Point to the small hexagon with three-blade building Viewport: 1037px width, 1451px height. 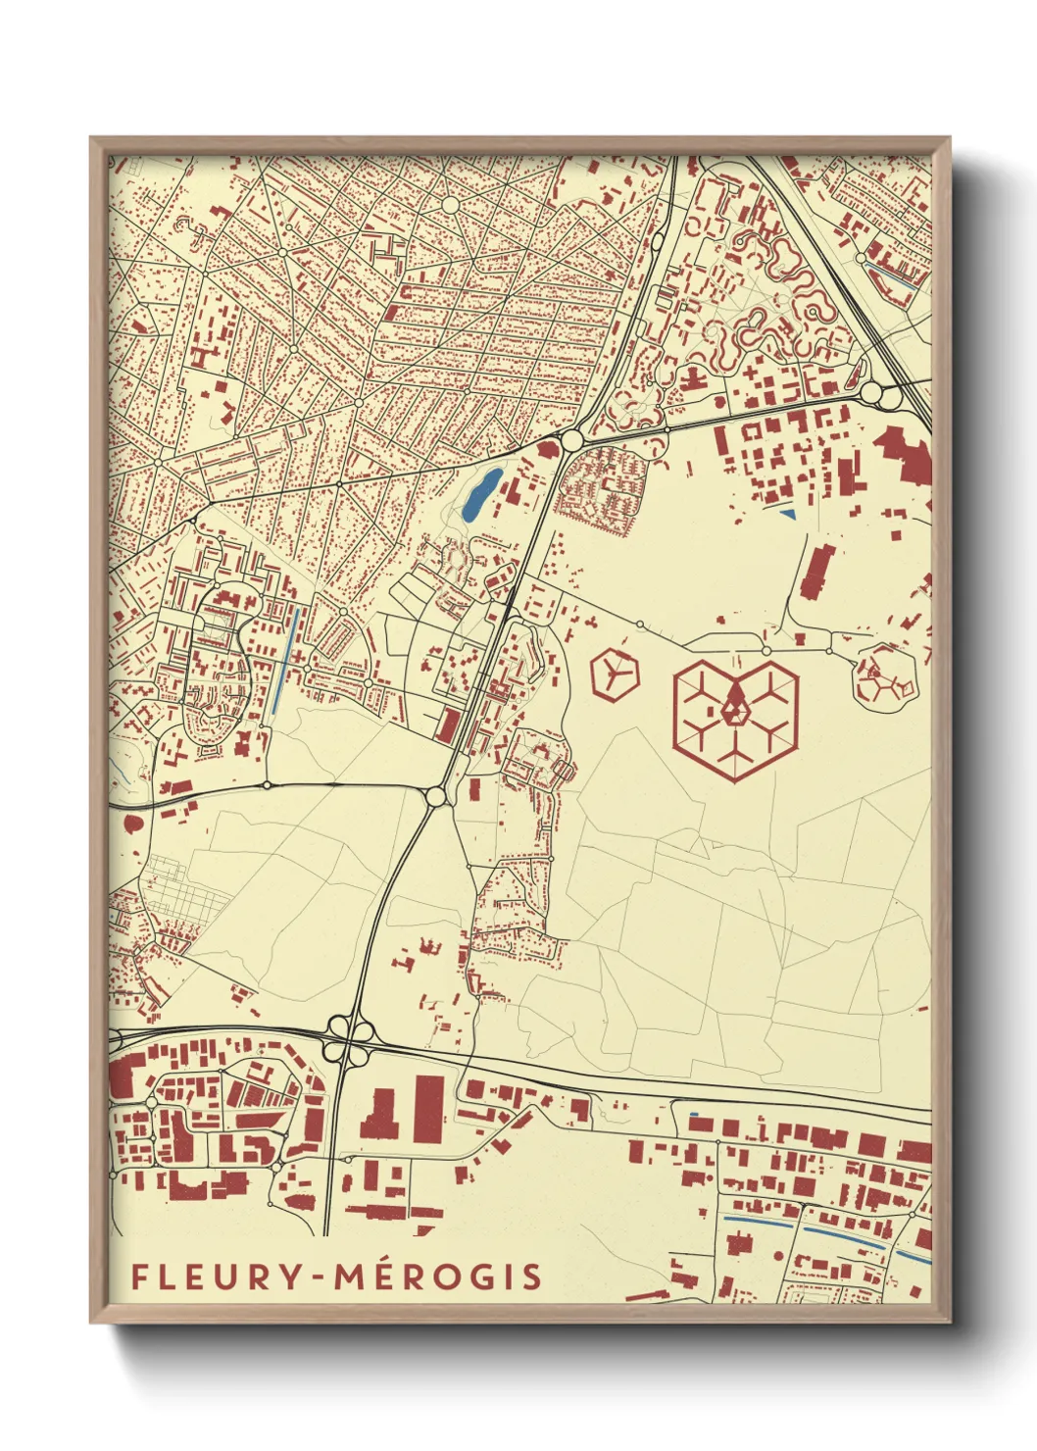click(x=615, y=675)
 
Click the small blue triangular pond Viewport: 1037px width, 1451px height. click(x=786, y=513)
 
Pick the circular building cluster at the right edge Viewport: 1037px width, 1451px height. click(x=886, y=676)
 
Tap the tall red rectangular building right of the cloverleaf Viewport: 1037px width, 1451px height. click(x=428, y=1109)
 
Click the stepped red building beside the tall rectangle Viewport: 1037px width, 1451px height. click(x=380, y=1116)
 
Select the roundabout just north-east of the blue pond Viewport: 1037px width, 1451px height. click(x=570, y=439)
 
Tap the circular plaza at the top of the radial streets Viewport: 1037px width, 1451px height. click(x=450, y=205)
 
